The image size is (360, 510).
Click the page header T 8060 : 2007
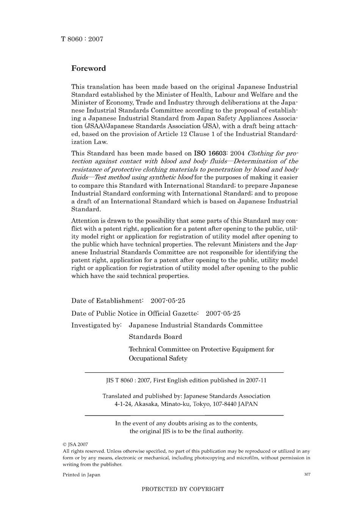click(x=82, y=39)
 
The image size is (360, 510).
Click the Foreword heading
click(x=89, y=69)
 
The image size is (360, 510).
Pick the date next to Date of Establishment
click(x=168, y=301)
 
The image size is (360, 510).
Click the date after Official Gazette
click(x=223, y=314)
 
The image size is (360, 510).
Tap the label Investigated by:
click(x=96, y=325)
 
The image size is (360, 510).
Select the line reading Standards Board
click(x=155, y=337)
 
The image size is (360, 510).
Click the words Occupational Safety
click(x=158, y=358)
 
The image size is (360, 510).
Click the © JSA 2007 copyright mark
click(x=75, y=444)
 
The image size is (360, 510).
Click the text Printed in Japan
click(x=81, y=475)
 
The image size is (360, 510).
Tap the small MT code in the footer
click(x=307, y=474)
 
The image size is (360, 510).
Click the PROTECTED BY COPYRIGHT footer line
click(x=183, y=489)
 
